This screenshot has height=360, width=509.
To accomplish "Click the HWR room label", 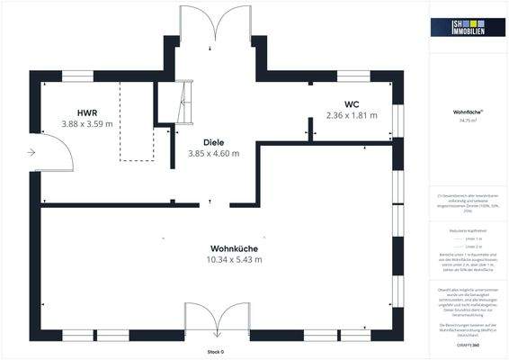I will [x=86, y=112].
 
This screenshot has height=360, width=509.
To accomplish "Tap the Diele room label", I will [x=213, y=142].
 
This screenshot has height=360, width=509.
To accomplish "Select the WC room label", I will [x=351, y=104].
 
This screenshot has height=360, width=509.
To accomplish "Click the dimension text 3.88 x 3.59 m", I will [x=86, y=123].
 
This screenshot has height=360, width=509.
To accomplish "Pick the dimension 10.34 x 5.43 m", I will [x=233, y=259].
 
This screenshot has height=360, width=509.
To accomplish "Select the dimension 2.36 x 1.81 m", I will [x=351, y=115].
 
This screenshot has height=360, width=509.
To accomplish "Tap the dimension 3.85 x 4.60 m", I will [x=213, y=153].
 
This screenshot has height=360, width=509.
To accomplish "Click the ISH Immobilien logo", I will [x=469, y=29].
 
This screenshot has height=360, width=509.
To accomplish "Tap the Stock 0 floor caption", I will [x=215, y=351].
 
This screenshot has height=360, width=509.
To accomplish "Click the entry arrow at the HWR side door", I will [x=32, y=153].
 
